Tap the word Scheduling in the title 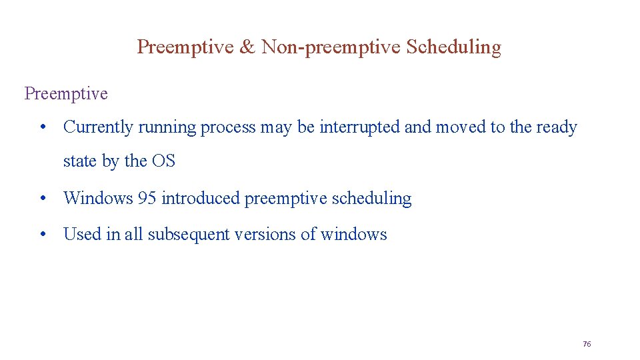coord(453,47)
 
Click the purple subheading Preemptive coord(66,93)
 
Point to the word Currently coord(98,127)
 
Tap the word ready coord(555,127)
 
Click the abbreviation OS coord(163,161)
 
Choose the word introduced coord(201,198)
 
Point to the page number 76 coord(587,344)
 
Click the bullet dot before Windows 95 coord(42,198)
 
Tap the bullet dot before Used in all coord(42,234)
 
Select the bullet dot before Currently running coord(42,127)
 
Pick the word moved coord(461,127)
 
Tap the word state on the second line coord(79,161)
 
